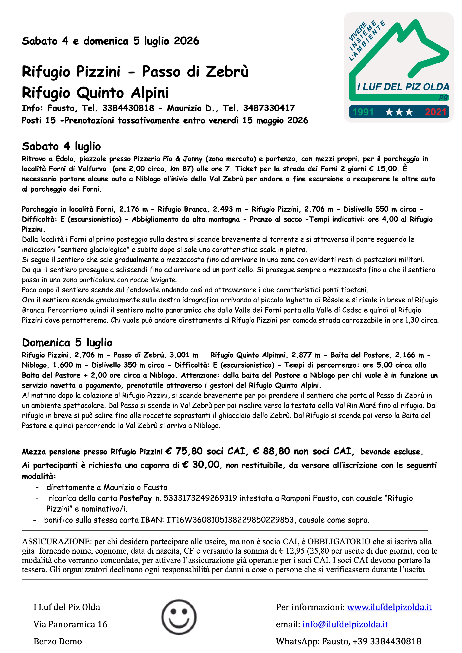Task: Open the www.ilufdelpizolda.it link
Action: pos(389,607)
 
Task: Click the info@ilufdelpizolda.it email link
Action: pos(345,624)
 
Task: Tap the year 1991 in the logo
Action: pos(363,112)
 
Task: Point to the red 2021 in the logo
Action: pos(435,112)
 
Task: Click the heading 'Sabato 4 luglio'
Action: pos(61,146)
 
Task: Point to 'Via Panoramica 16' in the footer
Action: pos(71,624)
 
